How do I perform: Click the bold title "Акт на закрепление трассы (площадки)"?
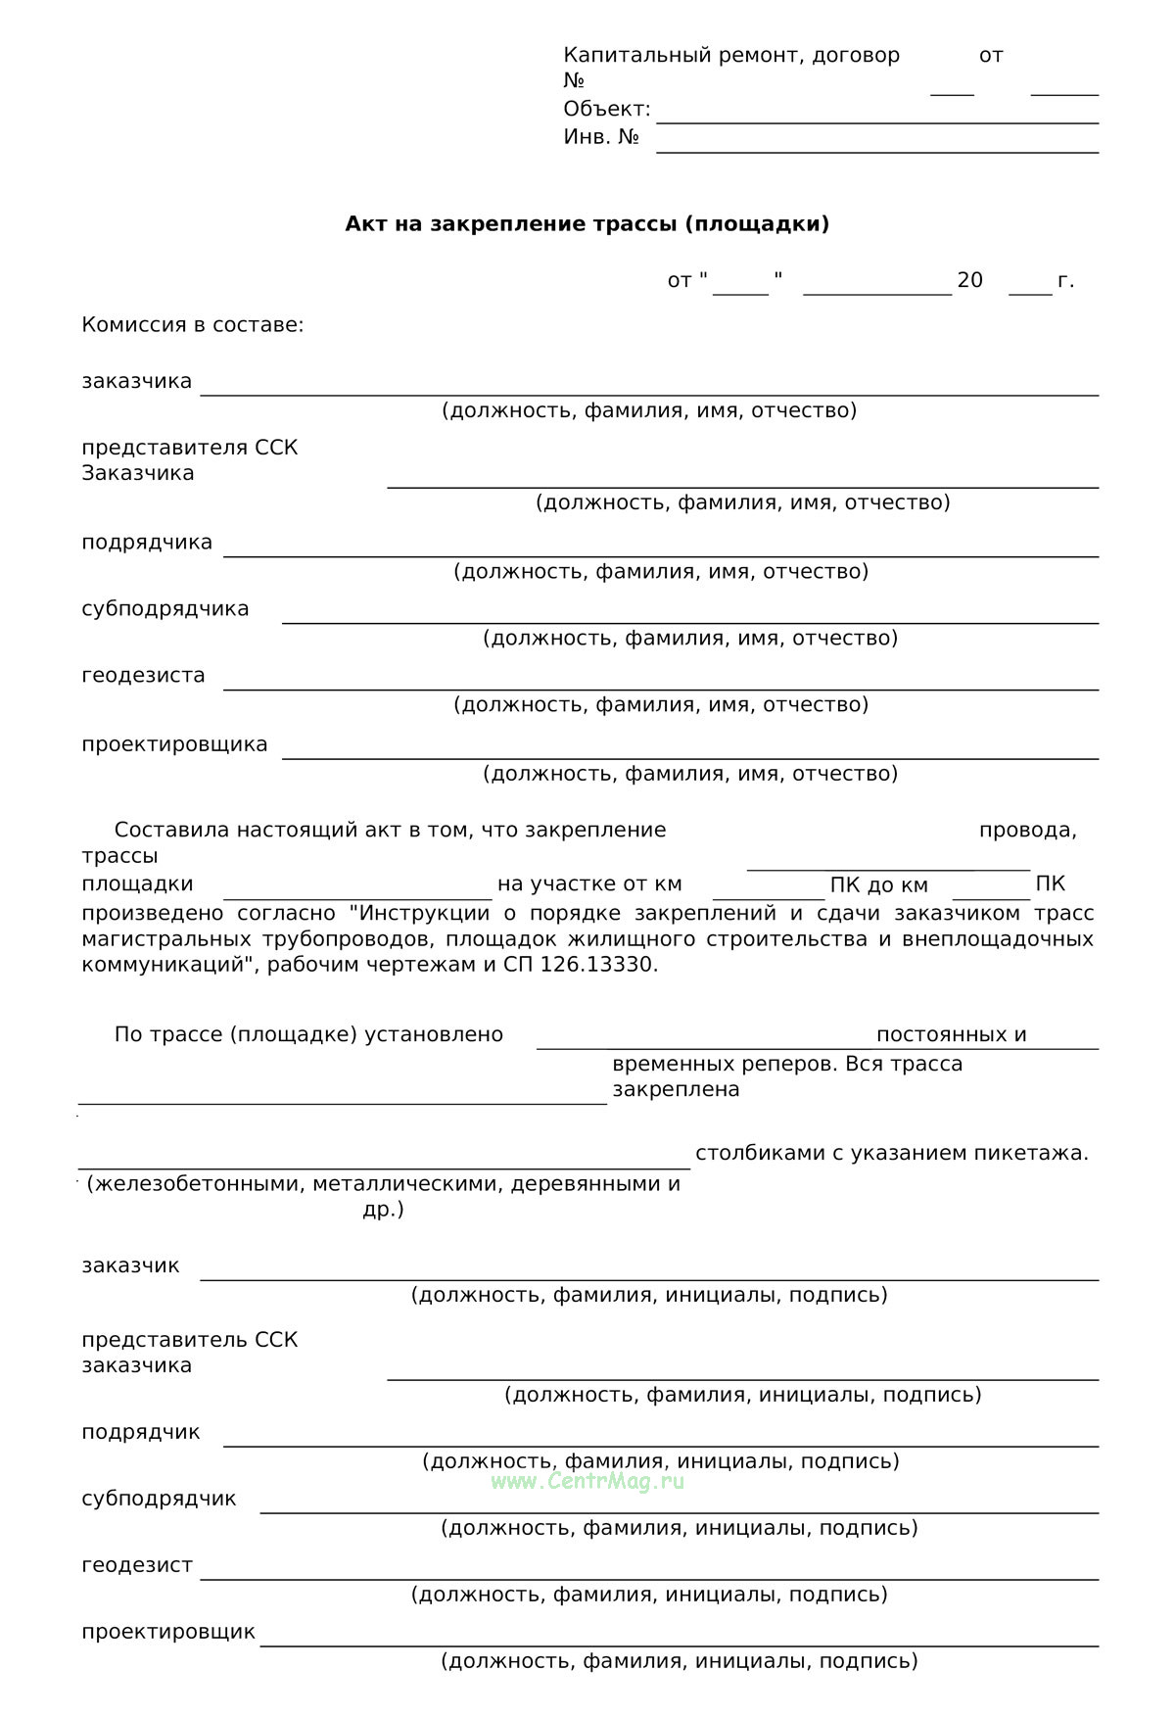point(587,224)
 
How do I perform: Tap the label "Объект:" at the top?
point(606,109)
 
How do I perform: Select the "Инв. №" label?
point(601,137)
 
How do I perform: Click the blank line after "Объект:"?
point(876,120)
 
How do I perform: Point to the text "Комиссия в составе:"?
point(193,324)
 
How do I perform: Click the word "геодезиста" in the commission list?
point(143,675)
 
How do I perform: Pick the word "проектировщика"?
point(174,744)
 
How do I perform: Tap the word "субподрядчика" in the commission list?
point(165,609)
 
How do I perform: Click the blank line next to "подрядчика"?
point(661,554)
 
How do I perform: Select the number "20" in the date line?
point(969,281)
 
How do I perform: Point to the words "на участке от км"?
point(589,884)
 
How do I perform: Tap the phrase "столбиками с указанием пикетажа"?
point(890,1153)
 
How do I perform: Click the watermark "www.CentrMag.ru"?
point(587,1481)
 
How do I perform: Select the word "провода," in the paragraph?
point(1027,831)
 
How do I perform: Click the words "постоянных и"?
point(951,1035)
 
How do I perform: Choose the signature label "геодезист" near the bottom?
point(137,1565)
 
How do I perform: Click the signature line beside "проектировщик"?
point(679,1645)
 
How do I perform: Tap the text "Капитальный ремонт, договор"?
point(731,56)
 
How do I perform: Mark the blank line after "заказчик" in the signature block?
point(649,1278)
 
